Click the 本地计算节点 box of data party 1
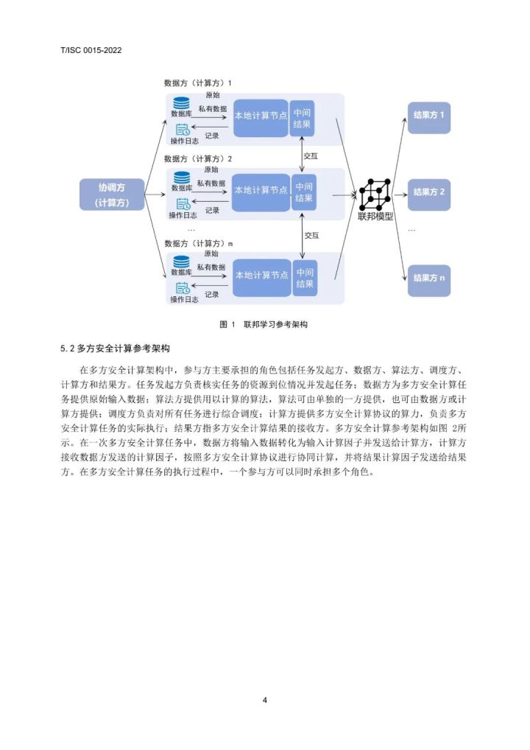point(261,116)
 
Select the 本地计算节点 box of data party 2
point(261,191)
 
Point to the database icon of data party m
point(181,262)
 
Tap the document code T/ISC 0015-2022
point(91,50)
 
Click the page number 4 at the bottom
point(264,699)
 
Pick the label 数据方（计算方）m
point(199,242)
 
